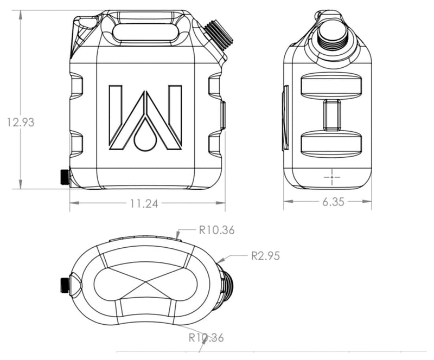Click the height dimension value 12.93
21,123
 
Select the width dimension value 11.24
144,204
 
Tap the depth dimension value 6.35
333,202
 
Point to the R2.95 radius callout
265,256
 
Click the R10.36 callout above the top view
216,230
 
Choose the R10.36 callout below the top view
206,338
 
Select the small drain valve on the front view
64,177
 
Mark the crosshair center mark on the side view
331,176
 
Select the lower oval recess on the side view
331,144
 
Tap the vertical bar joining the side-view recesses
331,115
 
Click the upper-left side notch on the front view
76,87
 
